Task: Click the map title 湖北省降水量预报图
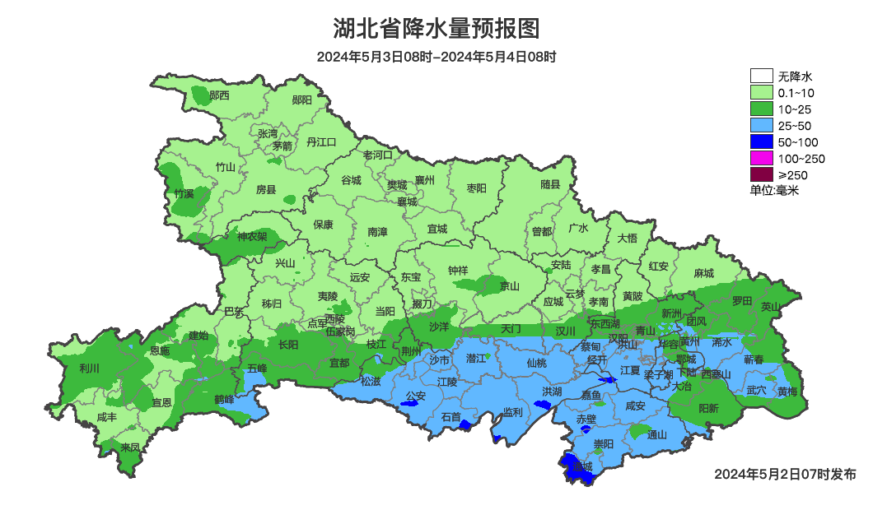[x=436, y=29]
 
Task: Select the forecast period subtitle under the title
[x=436, y=57]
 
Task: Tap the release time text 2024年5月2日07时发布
[x=785, y=475]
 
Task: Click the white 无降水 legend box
[x=761, y=76]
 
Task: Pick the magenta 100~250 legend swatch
[x=761, y=158]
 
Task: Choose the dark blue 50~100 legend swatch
[x=761, y=141]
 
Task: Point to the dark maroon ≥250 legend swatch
[x=761, y=174]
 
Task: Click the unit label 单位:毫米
[x=774, y=190]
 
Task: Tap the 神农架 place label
[x=252, y=236]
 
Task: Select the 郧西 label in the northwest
[x=219, y=95]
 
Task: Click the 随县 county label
[x=550, y=185]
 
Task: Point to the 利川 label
[x=89, y=368]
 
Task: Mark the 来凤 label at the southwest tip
[x=130, y=447]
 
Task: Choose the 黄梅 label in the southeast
[x=787, y=392]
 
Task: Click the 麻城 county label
[x=703, y=273]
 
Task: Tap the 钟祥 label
[x=457, y=271]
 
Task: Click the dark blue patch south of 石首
[x=465, y=425]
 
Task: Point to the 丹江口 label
[x=321, y=142]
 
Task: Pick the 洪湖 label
[x=551, y=391]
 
